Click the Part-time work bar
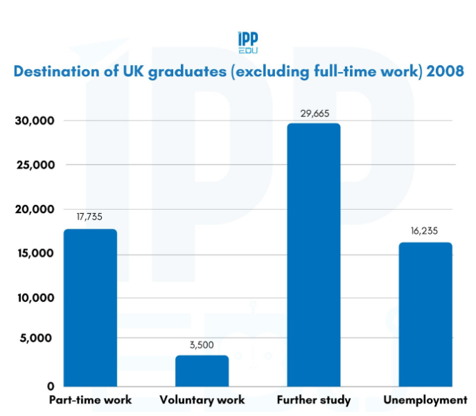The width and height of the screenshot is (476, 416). point(90,307)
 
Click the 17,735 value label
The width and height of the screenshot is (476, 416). point(90,217)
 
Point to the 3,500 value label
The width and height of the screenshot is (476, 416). point(202,343)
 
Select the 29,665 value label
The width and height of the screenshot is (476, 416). point(313,114)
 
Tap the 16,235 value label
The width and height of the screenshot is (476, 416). point(425,230)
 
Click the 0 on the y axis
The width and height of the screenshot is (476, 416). point(51,386)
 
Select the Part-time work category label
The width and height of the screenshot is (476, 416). point(90,400)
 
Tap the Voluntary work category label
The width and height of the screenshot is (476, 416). point(202,400)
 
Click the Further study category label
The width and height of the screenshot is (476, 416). point(313,400)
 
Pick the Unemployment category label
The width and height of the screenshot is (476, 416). point(425,400)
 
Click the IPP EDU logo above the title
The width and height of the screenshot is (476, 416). point(247,44)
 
